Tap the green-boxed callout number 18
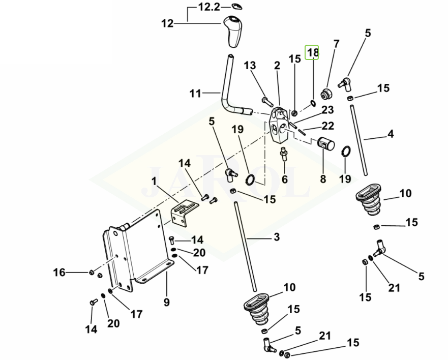click(312, 52)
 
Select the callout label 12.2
click(210, 8)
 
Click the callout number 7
click(336, 44)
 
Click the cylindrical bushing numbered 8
click(326, 143)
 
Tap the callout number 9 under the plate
click(166, 303)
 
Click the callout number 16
click(59, 273)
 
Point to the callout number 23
click(327, 110)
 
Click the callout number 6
click(284, 179)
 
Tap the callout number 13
click(249, 66)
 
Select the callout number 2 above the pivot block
click(277, 66)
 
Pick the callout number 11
click(195, 94)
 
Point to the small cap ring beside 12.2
click(236, 6)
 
